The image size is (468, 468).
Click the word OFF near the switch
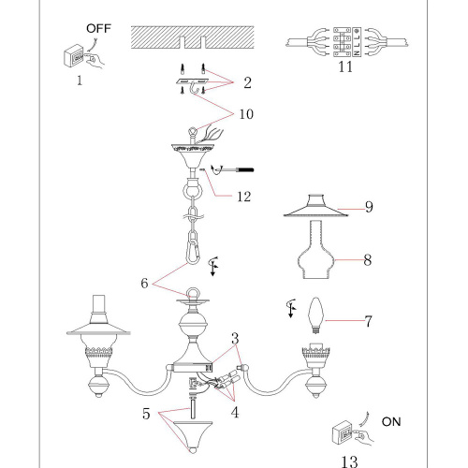98,28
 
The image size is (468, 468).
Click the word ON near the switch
391,422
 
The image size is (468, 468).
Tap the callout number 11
345,66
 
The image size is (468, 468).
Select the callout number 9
369,207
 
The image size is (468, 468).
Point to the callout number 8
368,260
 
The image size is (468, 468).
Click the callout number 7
369,321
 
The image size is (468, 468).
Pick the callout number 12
244,197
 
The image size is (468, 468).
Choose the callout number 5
146,414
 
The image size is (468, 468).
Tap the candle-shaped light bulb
315,315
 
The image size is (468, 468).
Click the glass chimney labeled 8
315,249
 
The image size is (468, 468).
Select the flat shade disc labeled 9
315,206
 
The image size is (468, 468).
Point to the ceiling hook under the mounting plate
194,87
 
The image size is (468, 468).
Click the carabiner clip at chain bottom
194,251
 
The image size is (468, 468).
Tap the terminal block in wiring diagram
347,42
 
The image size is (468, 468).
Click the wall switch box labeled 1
74,56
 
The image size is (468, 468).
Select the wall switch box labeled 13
343,432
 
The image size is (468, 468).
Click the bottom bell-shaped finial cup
193,437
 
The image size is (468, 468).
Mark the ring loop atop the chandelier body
194,294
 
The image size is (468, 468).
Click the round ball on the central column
193,325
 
